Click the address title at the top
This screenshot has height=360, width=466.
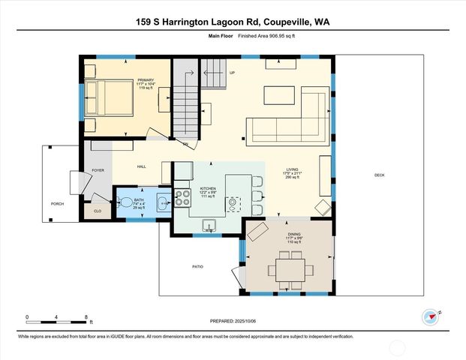(x=233, y=22)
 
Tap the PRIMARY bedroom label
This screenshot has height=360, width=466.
(x=145, y=80)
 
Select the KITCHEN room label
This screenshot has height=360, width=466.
(x=208, y=189)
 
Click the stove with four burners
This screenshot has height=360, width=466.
(x=182, y=198)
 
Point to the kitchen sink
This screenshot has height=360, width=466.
(x=209, y=224)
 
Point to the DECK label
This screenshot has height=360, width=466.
(x=380, y=175)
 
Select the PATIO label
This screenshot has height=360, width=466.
(x=198, y=266)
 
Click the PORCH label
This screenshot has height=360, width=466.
(x=57, y=204)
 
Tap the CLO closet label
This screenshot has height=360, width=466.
(x=98, y=211)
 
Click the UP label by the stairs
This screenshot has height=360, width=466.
(x=232, y=73)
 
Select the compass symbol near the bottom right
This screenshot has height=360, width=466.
(x=430, y=316)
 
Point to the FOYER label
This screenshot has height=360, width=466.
(x=98, y=170)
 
